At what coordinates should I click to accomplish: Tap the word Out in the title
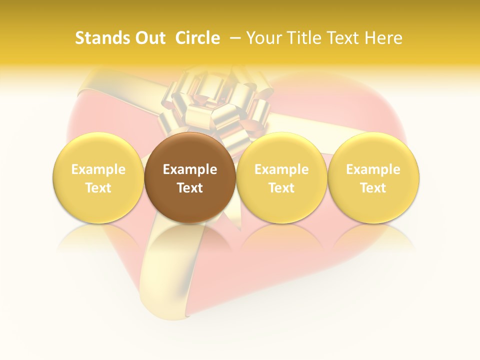point(148,38)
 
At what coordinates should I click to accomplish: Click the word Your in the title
point(263,38)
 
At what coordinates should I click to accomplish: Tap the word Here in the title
point(383,38)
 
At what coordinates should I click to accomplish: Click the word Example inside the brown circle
point(190,169)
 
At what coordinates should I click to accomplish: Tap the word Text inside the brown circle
point(190,188)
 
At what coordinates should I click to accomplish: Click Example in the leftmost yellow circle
point(98,169)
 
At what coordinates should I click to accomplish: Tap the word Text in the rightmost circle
point(373,188)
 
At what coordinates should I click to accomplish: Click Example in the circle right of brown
point(281,169)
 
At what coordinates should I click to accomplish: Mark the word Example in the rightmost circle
point(373,169)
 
